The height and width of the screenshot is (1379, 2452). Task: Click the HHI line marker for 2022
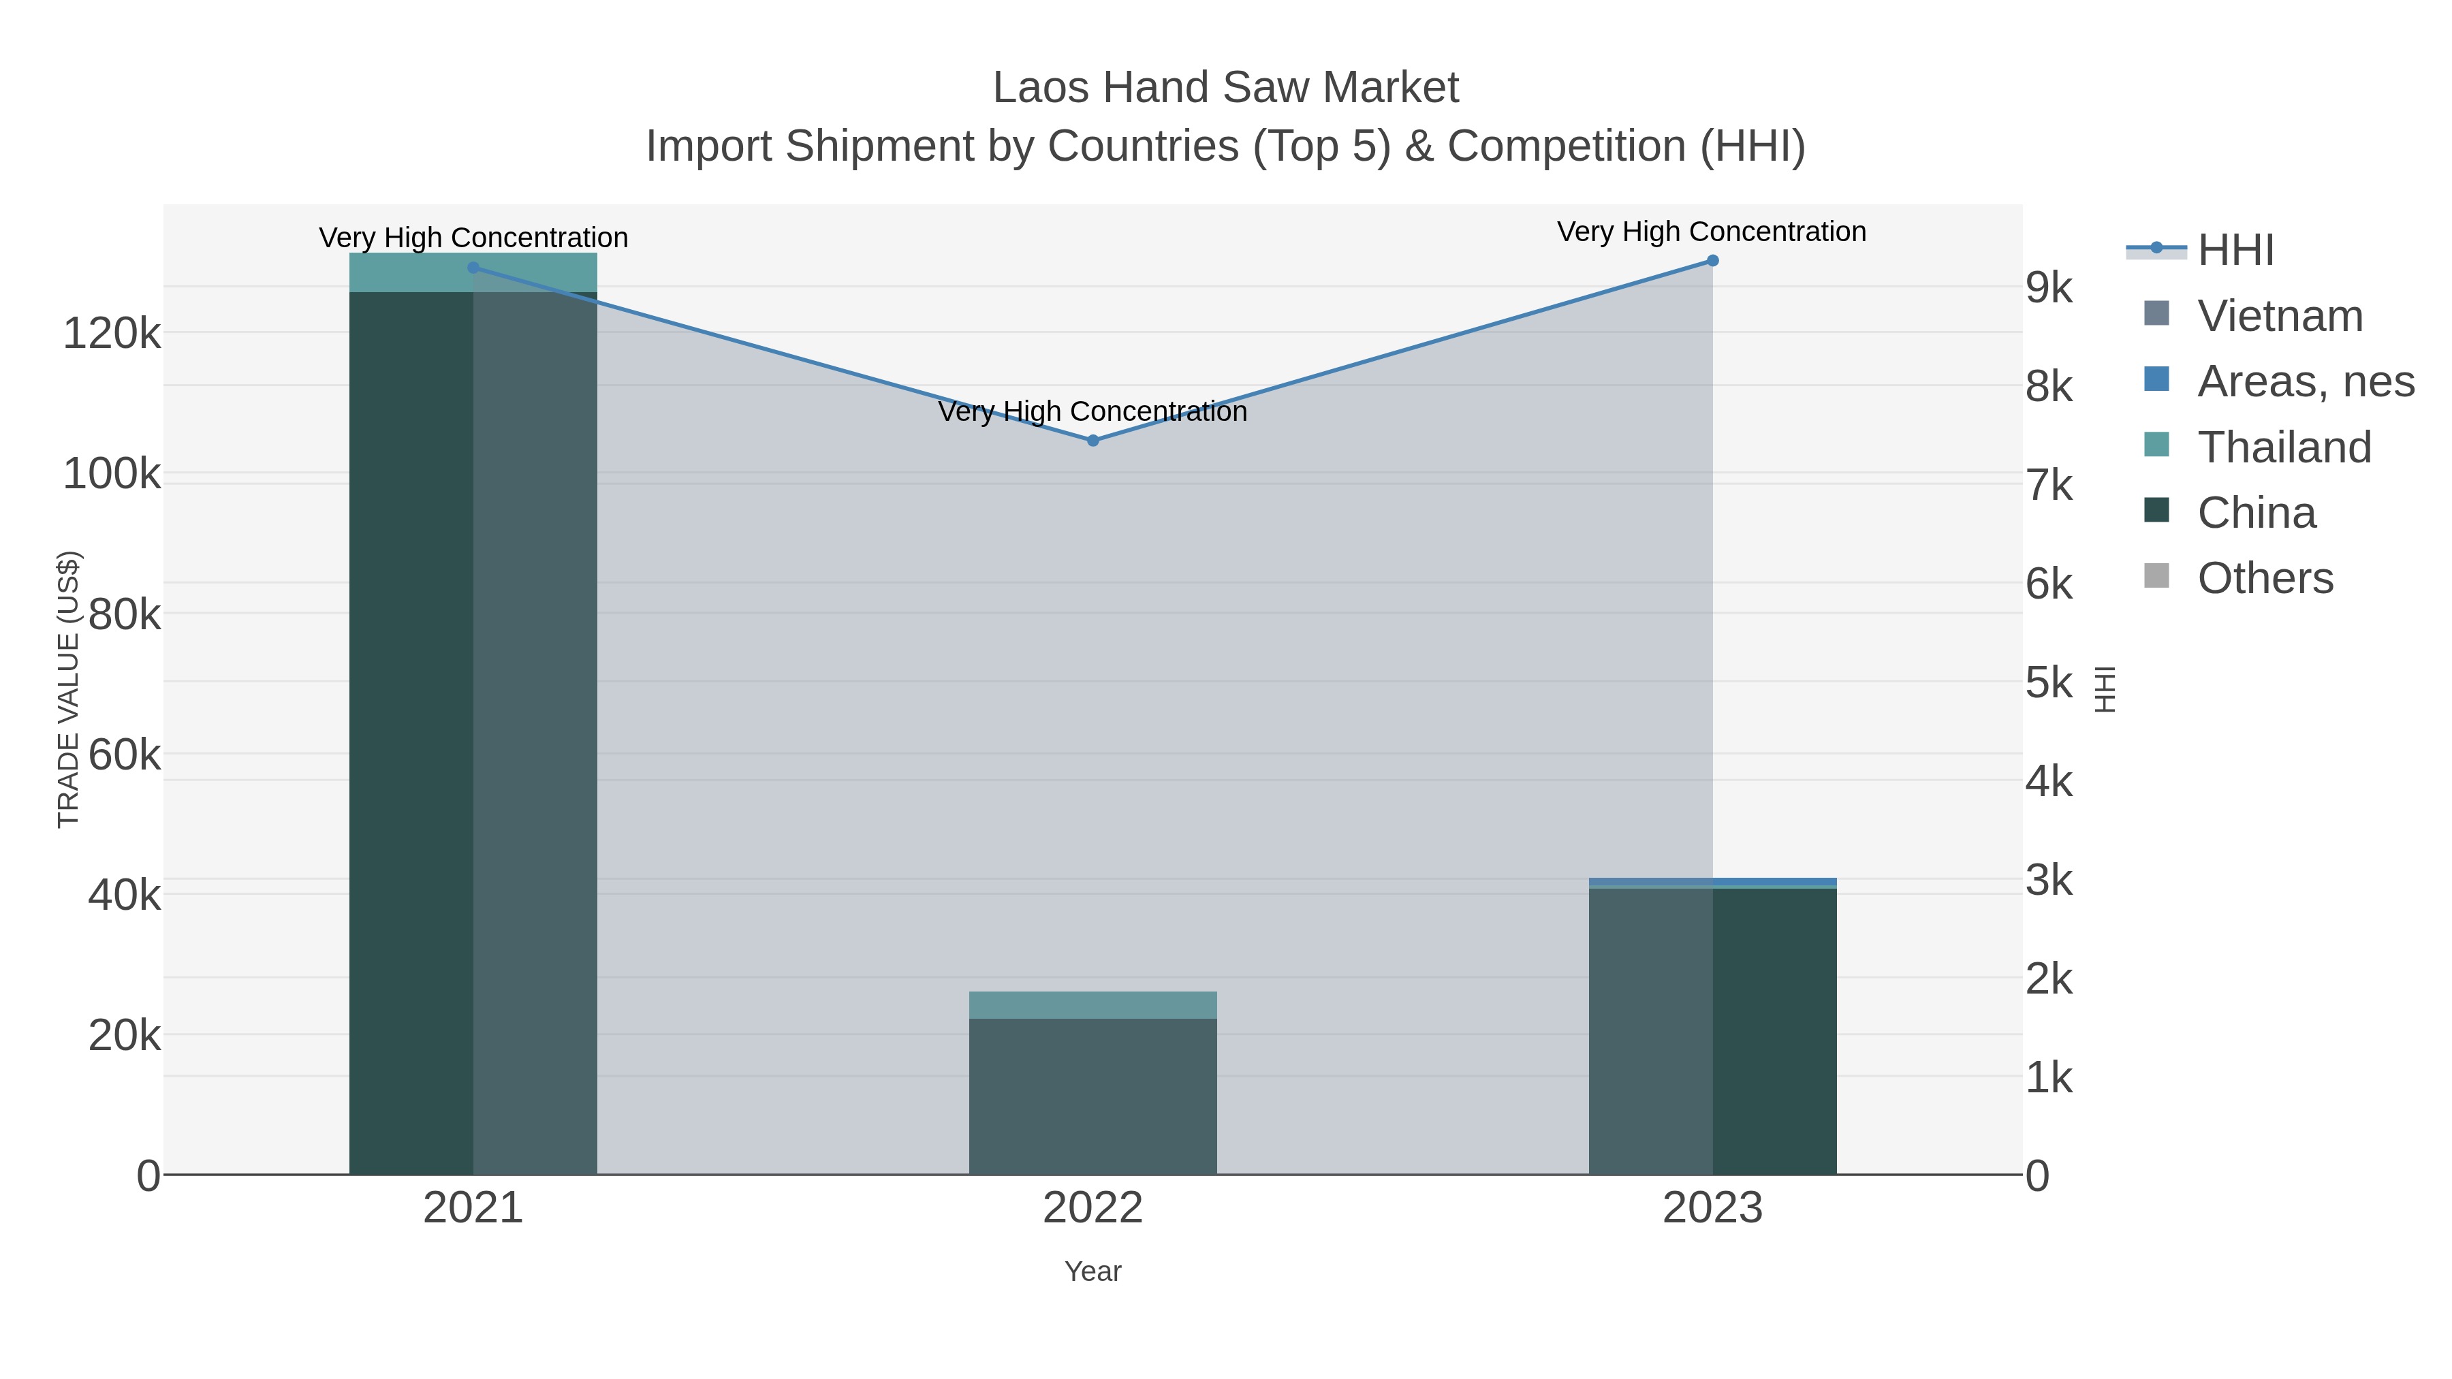[x=1093, y=441]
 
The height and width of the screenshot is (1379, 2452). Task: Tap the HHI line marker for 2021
[x=473, y=268]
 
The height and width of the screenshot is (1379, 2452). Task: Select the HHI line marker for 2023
[x=1712, y=261]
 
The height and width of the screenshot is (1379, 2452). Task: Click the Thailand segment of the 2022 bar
[x=1093, y=1005]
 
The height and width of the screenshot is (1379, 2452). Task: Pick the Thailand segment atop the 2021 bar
[x=473, y=272]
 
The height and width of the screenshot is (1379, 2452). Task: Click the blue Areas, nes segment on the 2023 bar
[x=1712, y=881]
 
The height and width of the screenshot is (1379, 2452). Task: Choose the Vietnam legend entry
[x=2280, y=316]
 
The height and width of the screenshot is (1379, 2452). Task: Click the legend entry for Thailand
[x=2284, y=447]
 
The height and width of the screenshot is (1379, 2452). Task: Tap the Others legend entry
[x=2265, y=579]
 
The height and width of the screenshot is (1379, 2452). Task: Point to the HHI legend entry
[x=2235, y=251]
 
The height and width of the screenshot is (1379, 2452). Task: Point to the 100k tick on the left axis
[x=112, y=474]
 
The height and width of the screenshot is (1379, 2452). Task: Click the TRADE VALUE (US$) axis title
[x=69, y=689]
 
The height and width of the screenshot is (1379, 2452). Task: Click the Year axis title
[x=1093, y=1271]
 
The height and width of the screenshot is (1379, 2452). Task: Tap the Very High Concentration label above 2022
[x=1093, y=411]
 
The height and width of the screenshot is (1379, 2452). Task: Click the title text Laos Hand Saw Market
[x=1225, y=88]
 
